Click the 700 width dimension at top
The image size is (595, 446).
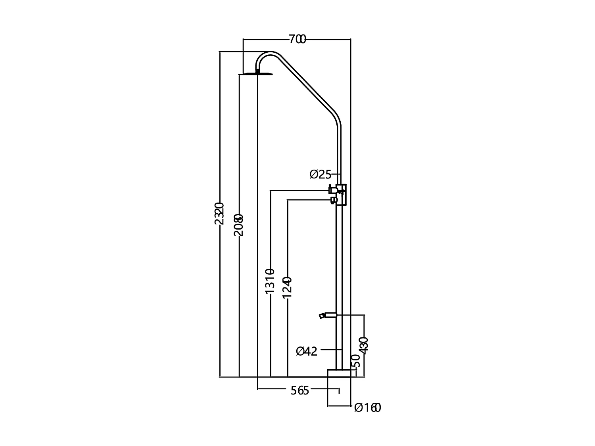point(297,39)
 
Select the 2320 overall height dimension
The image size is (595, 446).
point(219,214)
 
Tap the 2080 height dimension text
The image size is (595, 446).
point(238,225)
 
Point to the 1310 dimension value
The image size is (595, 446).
point(270,281)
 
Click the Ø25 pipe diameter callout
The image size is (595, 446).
point(320,174)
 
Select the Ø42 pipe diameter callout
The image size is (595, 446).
point(307,351)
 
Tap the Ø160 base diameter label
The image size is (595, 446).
point(367,408)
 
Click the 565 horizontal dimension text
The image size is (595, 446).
point(299,390)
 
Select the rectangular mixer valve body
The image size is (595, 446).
point(341,195)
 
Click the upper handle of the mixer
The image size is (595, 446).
point(332,190)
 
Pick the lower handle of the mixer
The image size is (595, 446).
point(334,200)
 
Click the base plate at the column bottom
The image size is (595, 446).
point(339,373)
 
